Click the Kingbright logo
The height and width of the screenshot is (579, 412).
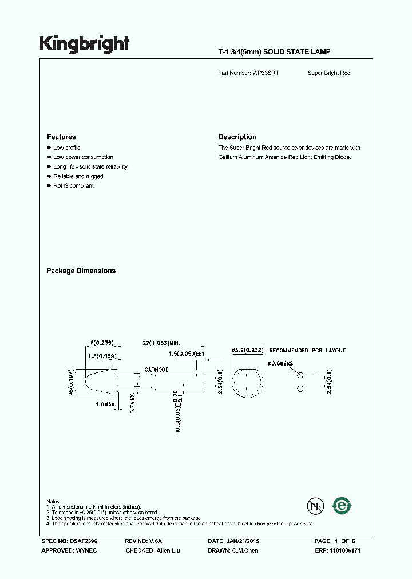(84, 44)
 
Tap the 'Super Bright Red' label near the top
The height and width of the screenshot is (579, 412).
(329, 73)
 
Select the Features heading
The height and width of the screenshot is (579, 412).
(61, 137)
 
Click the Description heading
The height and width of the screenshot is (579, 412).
(237, 137)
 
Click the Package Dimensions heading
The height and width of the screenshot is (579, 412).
(81, 271)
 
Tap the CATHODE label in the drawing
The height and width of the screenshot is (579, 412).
(156, 370)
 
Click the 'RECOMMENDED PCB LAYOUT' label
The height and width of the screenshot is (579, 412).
(307, 350)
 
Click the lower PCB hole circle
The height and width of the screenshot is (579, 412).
(299, 389)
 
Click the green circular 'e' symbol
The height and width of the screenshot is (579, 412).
(342, 506)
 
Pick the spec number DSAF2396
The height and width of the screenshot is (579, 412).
(69, 541)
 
